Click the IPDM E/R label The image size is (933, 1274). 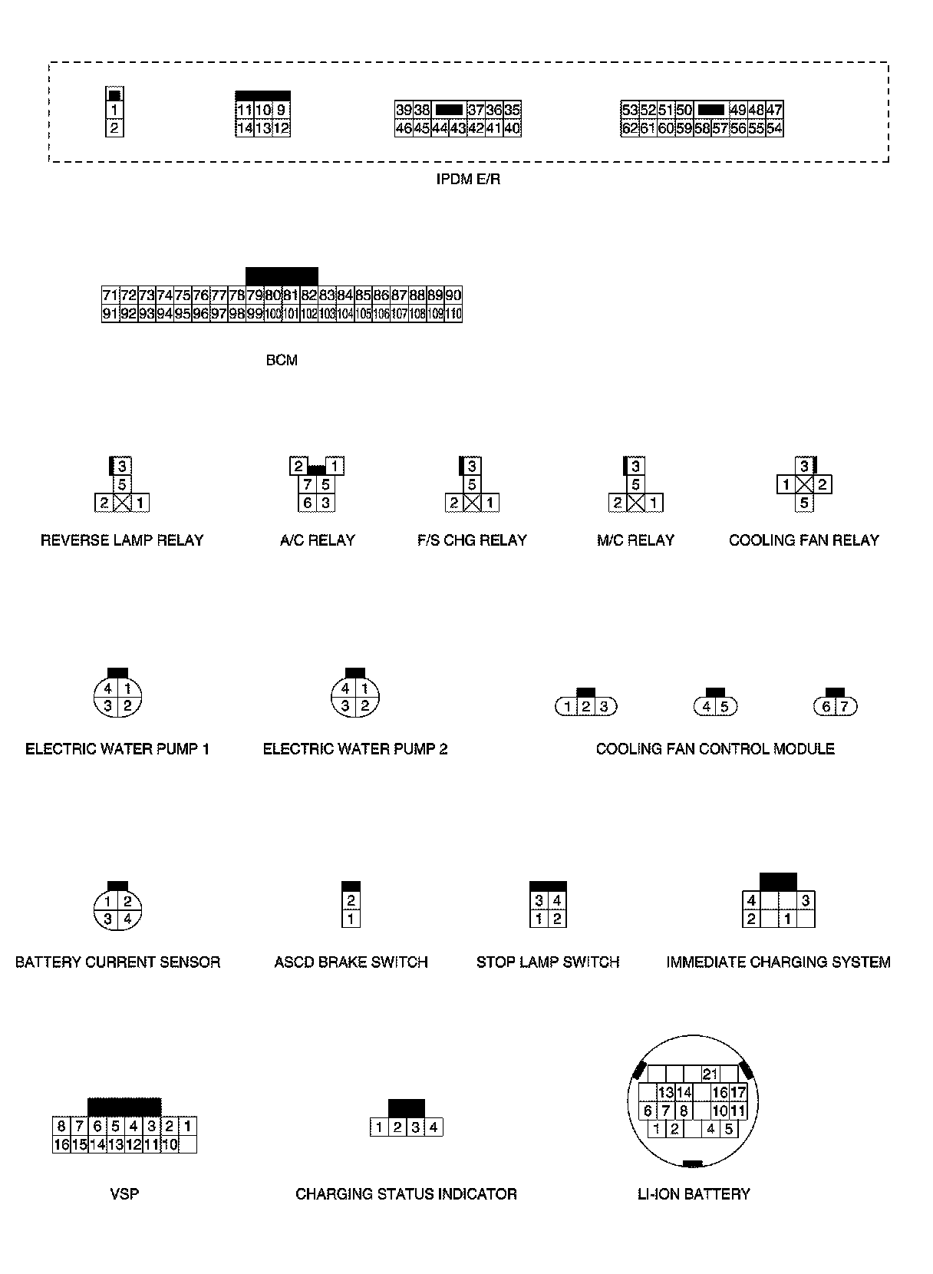(467, 180)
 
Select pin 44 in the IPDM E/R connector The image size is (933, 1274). (440, 129)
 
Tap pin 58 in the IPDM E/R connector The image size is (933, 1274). (702, 129)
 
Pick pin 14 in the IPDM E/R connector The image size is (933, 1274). (245, 129)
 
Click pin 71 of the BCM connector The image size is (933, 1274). (110, 295)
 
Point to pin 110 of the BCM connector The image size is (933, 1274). (453, 314)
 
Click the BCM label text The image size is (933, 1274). (282, 360)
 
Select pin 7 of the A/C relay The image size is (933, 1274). (308, 485)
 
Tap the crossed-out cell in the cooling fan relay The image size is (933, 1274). (804, 485)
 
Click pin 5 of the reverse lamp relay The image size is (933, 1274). (122, 485)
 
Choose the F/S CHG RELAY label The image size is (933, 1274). (472, 540)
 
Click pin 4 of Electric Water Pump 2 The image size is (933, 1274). (346, 688)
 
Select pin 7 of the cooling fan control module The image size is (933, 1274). (844, 707)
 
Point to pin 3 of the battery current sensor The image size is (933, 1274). (108, 919)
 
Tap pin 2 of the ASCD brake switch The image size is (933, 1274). (351, 901)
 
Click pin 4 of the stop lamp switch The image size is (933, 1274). (558, 901)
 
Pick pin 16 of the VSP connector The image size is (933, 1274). (61, 1145)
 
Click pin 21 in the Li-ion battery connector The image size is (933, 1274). (710, 1074)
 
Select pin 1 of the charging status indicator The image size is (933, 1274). (379, 1127)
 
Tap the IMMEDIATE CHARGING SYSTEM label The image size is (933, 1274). (778, 962)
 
